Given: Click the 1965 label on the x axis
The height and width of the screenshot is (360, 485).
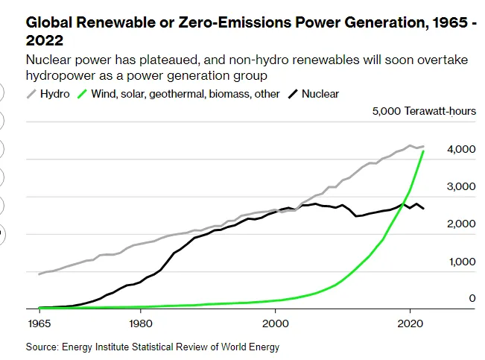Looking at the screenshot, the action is (39, 323).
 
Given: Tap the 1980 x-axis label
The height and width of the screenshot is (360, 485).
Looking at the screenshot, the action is (141, 323).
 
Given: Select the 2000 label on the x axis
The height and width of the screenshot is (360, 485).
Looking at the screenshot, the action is (276, 323).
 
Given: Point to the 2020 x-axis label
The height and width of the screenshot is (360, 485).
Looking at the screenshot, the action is (410, 323).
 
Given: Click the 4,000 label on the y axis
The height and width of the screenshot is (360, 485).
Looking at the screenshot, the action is (461, 149).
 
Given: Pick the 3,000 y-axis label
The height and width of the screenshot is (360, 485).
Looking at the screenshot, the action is (461, 186).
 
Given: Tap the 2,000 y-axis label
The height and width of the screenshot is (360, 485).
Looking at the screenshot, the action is (461, 224).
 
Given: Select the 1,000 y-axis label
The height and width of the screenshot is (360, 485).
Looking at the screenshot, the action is (462, 262).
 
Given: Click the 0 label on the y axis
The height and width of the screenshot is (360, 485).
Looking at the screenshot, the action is (472, 298).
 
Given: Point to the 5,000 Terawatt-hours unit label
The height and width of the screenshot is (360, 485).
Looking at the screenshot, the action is (424, 111).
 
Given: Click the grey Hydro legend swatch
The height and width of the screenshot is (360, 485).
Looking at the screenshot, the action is (31, 94).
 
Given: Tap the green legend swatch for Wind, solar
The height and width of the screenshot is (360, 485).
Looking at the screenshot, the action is (82, 94).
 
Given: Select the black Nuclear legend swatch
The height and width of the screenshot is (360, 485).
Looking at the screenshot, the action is (293, 94).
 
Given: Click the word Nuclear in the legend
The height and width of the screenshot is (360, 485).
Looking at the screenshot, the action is (320, 94).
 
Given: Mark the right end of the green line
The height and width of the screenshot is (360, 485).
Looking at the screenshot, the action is (423, 151).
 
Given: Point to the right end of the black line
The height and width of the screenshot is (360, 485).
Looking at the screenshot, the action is (423, 209).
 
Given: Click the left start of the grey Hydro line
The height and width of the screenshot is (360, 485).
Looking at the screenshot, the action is (39, 274).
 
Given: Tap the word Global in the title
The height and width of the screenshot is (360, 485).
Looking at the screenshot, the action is (49, 22).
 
